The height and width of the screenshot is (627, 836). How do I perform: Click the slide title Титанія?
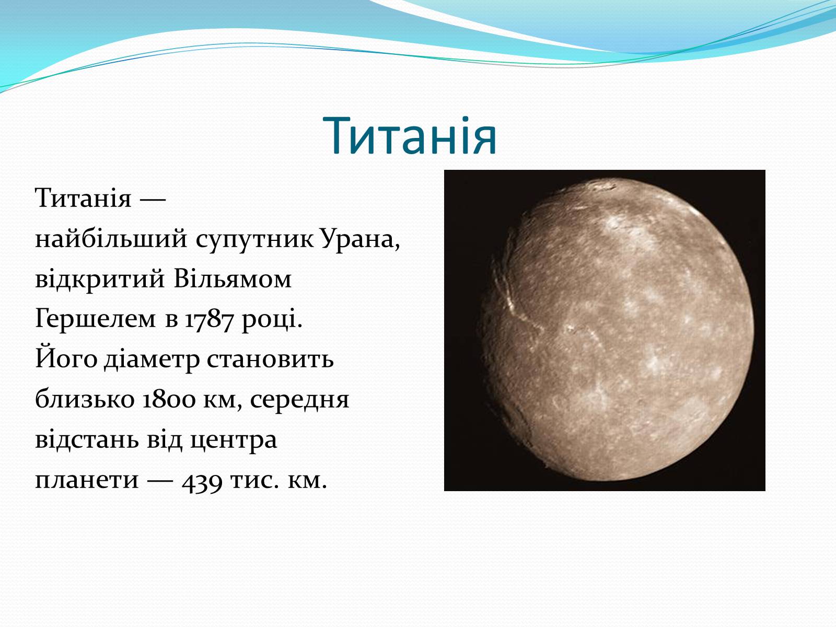(410, 136)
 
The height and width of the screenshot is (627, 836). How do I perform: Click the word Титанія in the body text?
(83, 198)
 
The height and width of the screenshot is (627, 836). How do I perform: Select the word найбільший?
(111, 239)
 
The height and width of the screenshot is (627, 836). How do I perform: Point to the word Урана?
(361, 239)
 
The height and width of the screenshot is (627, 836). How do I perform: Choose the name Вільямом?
(233, 279)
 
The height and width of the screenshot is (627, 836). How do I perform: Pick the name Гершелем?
(95, 319)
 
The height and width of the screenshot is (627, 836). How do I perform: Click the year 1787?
(208, 320)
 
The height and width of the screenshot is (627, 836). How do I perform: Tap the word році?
(272, 320)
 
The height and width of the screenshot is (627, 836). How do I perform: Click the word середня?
(299, 400)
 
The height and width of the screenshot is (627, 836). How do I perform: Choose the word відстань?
(86, 440)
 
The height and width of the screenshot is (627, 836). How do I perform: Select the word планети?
(86, 480)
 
